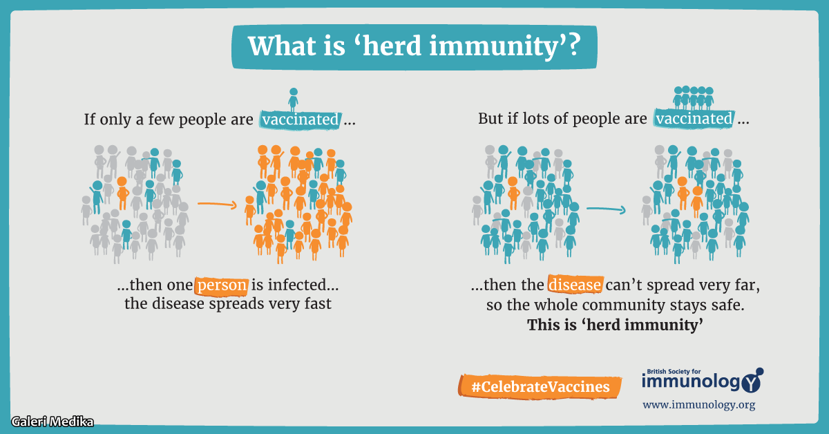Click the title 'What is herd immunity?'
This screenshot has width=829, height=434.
(414, 47)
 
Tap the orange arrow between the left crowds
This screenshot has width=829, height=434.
(217, 204)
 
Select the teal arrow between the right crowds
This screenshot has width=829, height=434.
(606, 209)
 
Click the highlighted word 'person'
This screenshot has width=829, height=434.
(221, 285)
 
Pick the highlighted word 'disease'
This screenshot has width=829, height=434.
(575, 285)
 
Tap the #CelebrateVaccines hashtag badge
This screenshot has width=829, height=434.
(540, 386)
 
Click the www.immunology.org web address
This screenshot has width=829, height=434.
(698, 405)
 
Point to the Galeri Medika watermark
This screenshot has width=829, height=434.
(53, 422)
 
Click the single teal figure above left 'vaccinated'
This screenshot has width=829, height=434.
(293, 100)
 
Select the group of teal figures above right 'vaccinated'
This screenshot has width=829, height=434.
(693, 97)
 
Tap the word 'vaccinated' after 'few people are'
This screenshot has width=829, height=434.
(300, 120)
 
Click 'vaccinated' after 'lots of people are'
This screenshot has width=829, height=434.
(694, 118)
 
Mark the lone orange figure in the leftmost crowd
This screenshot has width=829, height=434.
(122, 194)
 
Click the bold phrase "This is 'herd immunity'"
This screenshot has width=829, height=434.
(615, 325)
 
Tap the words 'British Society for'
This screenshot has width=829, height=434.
(674, 371)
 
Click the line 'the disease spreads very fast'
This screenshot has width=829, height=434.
(227, 303)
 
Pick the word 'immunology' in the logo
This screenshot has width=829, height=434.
(692, 381)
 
